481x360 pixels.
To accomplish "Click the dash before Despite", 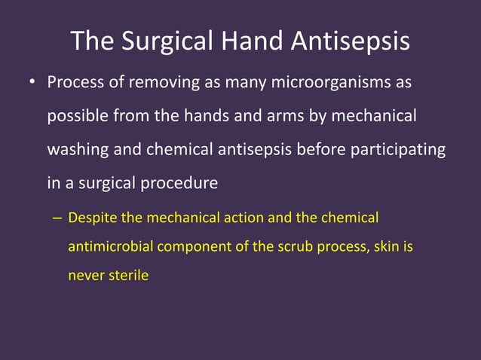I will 57,218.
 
